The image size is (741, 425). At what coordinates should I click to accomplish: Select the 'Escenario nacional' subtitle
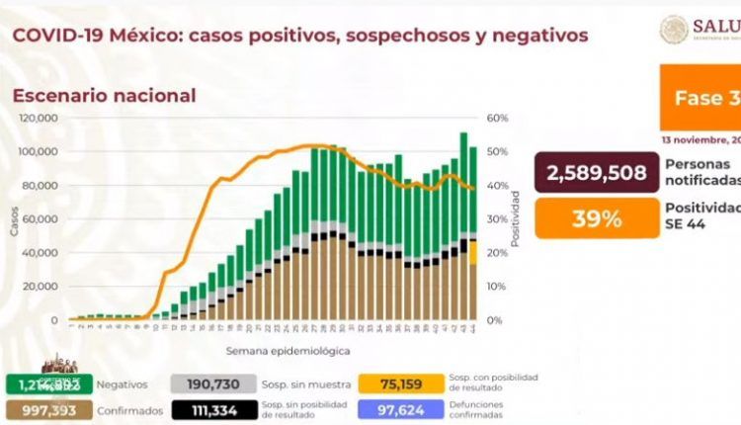(x=104, y=96)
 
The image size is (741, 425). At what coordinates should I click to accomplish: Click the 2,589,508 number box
(x=593, y=174)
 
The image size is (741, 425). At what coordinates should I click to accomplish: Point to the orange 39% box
(x=597, y=218)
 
